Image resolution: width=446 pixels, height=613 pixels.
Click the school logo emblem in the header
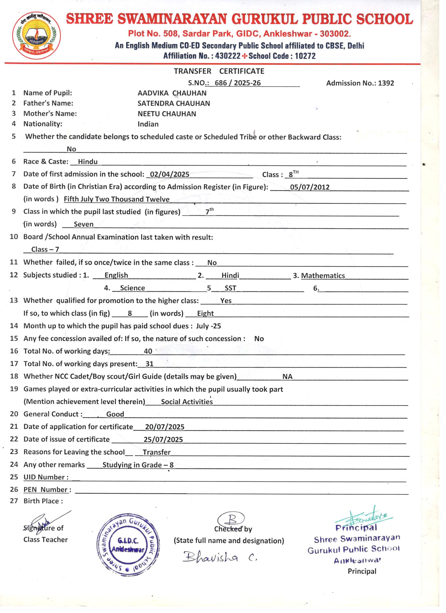(x=36, y=35)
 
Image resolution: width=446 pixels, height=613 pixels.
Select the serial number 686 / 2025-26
(x=237, y=83)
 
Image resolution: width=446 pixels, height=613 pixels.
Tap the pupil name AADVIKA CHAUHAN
(x=172, y=93)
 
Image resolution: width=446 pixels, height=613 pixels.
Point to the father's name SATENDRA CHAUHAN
(x=174, y=103)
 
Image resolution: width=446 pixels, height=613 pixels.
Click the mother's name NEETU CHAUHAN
(x=167, y=114)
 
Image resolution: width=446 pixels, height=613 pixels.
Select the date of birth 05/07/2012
(x=309, y=187)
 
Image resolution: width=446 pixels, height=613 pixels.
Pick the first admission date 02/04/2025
(x=169, y=174)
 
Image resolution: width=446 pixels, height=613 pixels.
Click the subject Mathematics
(x=323, y=276)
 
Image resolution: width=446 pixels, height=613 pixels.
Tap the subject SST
(x=230, y=288)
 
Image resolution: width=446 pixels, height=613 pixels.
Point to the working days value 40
(x=148, y=351)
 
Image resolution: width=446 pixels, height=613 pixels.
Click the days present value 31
(x=149, y=364)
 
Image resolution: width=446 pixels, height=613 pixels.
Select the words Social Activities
(x=187, y=402)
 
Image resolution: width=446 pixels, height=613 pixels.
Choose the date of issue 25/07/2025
(x=163, y=439)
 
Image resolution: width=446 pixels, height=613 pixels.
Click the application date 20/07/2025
(x=164, y=427)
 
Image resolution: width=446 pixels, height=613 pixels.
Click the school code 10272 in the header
(x=305, y=56)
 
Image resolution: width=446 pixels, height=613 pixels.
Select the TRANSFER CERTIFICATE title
(x=219, y=71)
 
